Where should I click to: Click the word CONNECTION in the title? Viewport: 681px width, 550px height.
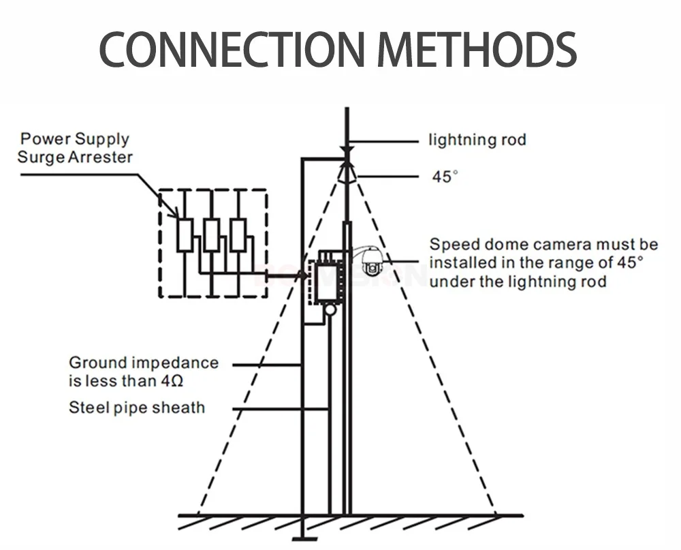point(232,48)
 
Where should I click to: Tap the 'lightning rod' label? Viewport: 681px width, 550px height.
point(477,140)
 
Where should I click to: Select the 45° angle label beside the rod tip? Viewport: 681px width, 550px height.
point(445,176)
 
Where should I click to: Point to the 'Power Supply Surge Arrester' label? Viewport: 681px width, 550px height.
point(75,148)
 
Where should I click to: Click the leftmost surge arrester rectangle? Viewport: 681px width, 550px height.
point(185,235)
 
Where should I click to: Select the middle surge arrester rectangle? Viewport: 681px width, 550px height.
point(212,235)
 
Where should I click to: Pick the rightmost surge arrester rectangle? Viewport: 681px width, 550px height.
point(238,235)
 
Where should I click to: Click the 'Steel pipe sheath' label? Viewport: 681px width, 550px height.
point(137,408)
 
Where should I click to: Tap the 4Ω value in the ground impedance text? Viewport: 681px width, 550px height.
point(172,381)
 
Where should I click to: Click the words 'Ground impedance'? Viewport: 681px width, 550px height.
point(143,363)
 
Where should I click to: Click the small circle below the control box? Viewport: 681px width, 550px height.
point(330,309)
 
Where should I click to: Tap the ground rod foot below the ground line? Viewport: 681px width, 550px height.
point(304,539)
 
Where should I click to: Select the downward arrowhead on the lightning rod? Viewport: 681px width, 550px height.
point(347,151)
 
